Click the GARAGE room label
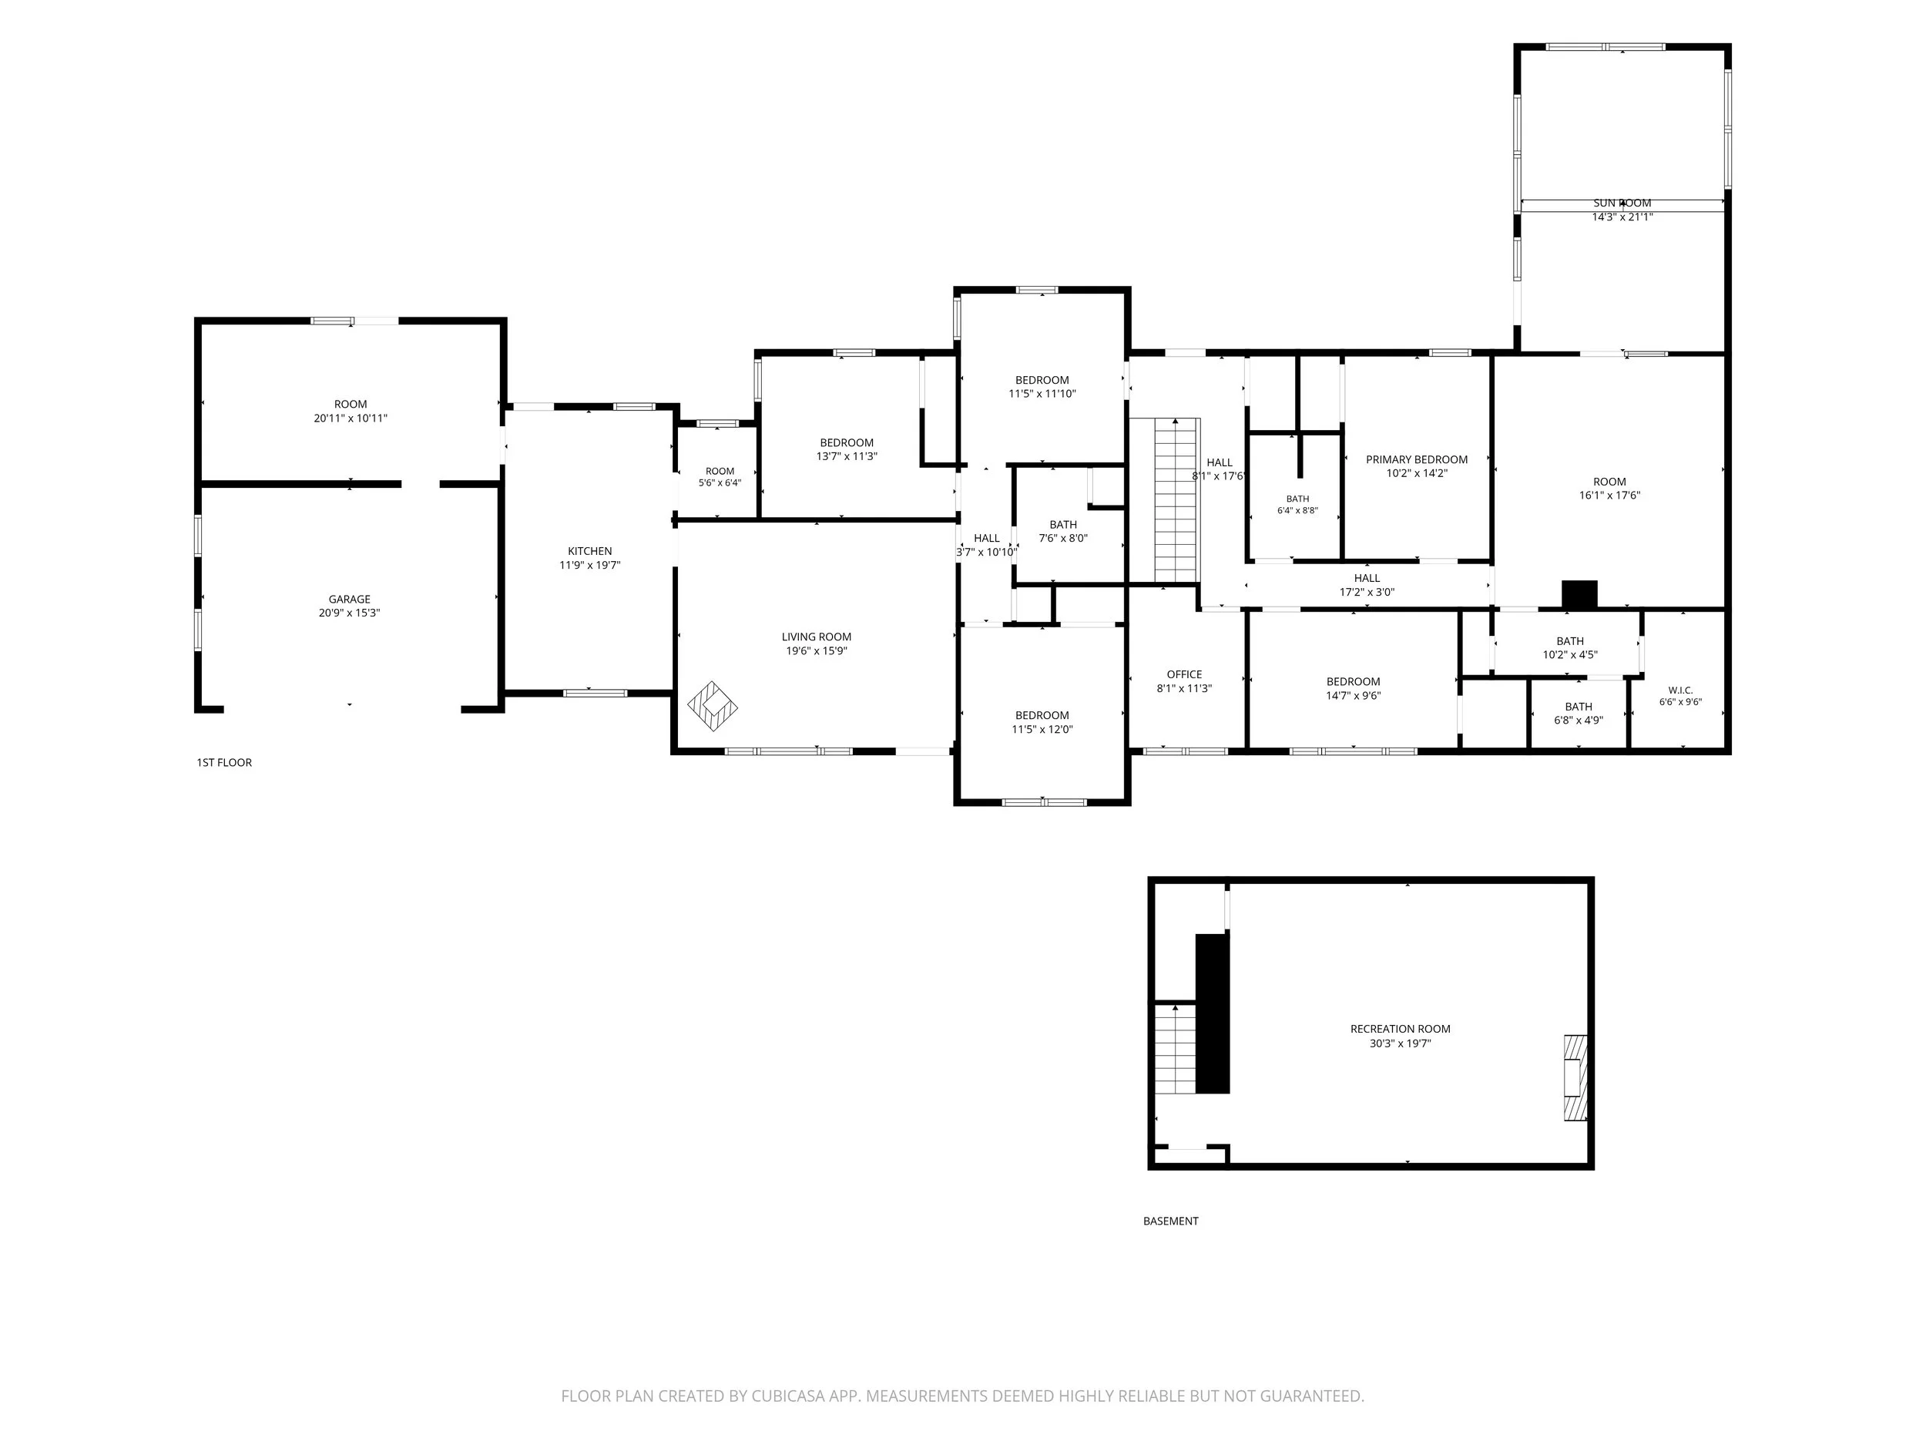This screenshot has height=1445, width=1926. tap(349, 600)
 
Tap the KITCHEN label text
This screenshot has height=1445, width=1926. tap(589, 551)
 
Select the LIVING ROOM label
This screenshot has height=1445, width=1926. tap(816, 637)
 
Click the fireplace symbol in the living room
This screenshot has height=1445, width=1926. tap(713, 705)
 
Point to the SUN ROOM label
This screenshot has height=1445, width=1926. tap(1622, 203)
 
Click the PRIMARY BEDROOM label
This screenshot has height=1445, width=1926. tap(1417, 460)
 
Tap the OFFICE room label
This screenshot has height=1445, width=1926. tap(1184, 674)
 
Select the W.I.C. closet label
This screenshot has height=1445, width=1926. tap(1680, 690)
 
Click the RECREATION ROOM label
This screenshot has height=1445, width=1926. tap(1400, 1029)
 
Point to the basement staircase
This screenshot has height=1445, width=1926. tap(1176, 1049)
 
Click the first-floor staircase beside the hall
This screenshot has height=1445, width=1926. tap(1176, 500)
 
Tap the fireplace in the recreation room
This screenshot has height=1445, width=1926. tap(1575, 1077)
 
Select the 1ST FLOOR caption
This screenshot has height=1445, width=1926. tap(223, 763)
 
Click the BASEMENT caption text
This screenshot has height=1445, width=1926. tap(1170, 1222)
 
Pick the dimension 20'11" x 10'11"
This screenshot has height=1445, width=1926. tap(350, 418)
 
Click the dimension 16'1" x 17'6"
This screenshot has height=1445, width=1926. tap(1609, 496)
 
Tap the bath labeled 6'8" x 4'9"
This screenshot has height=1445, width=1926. tap(1579, 714)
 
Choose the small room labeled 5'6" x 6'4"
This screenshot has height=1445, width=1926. tap(720, 477)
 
